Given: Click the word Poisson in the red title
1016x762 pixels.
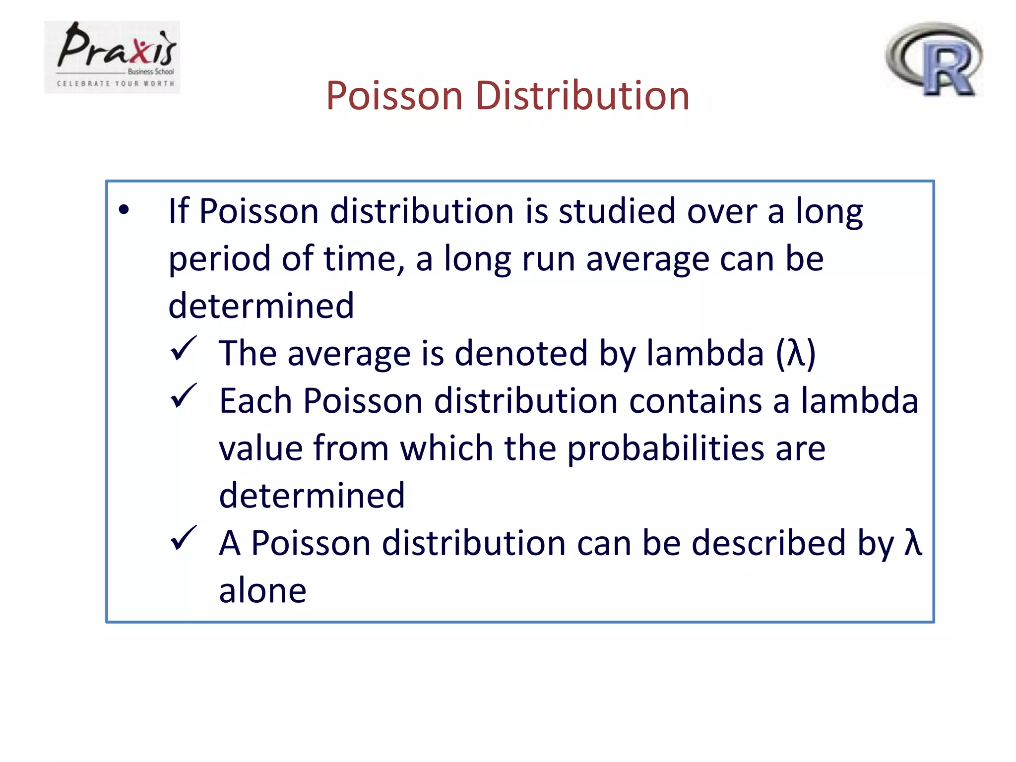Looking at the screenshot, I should (394, 95).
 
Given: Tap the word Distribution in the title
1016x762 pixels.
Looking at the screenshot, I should (582, 95).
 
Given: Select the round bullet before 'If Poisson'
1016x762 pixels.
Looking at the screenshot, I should (124, 210).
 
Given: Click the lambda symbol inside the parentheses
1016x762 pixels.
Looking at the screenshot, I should (796, 353).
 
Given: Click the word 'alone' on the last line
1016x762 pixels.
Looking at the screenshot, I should (262, 590).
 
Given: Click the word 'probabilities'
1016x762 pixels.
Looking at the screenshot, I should (665, 448).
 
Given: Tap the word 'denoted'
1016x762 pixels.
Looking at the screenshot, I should (521, 353).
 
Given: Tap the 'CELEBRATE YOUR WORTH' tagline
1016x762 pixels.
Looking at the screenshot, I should (116, 84).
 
